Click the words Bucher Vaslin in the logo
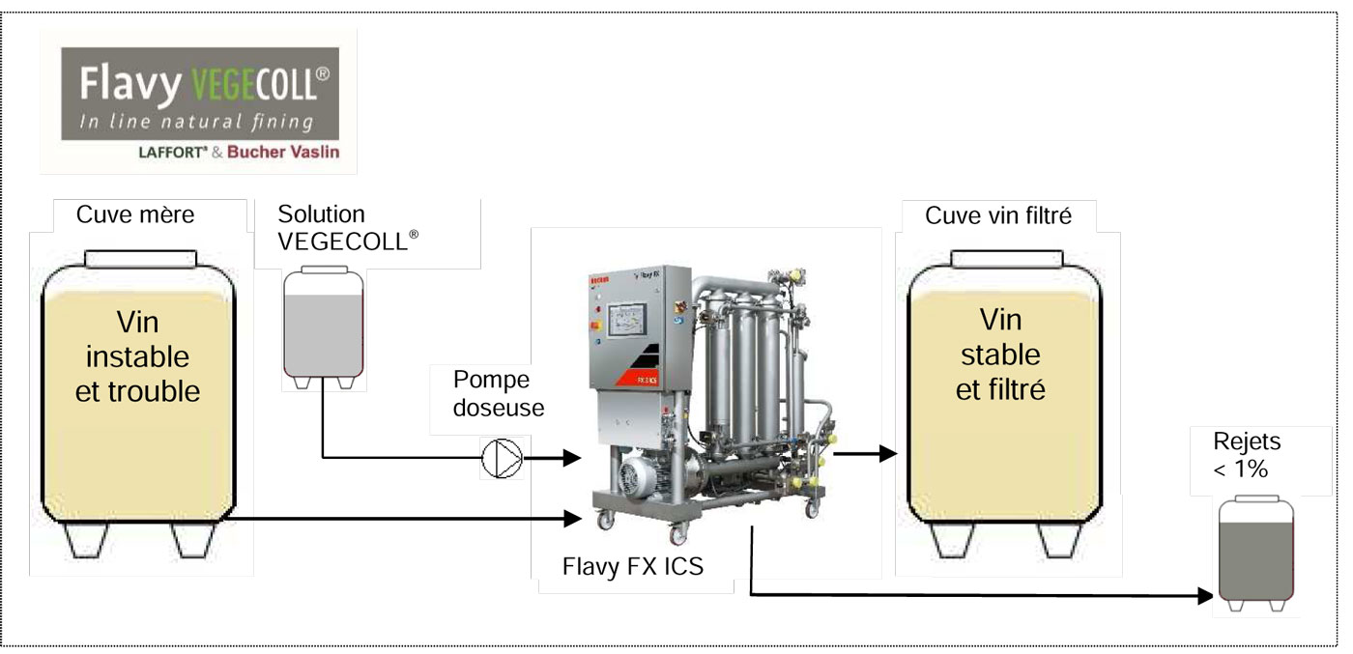click(x=283, y=153)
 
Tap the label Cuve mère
click(x=135, y=214)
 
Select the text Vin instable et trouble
click(x=138, y=356)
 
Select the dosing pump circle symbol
click(x=503, y=458)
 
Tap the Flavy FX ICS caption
click(x=632, y=566)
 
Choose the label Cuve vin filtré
click(x=998, y=214)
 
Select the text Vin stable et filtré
click(x=1000, y=355)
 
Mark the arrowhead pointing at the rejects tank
click(x=1205, y=595)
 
